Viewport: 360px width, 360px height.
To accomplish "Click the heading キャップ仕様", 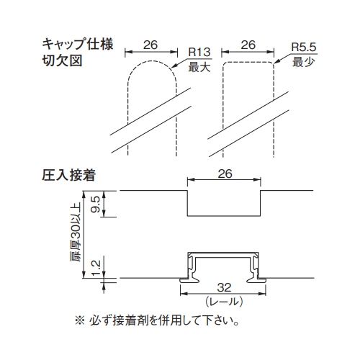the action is click(x=78, y=45).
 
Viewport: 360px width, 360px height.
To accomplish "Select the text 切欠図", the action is click(x=63, y=60).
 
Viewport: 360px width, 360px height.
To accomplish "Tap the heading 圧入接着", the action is click(x=69, y=175).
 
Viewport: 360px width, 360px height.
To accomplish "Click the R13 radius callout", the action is click(x=199, y=52).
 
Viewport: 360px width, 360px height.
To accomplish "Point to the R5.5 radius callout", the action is click(x=304, y=47).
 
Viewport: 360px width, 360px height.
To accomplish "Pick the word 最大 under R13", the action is click(x=199, y=67).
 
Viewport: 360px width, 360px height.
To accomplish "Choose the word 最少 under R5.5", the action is click(x=304, y=62).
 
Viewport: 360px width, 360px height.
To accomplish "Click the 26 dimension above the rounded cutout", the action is click(x=150, y=45).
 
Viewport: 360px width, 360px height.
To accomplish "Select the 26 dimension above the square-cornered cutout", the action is click(x=248, y=45).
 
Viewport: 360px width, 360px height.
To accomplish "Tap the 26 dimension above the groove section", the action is click(x=225, y=174).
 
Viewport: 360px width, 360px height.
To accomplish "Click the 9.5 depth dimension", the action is click(x=96, y=204).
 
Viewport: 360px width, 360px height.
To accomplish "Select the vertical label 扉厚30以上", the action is click(x=76, y=232).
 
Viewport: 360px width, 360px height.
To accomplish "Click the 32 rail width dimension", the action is click(x=224, y=287).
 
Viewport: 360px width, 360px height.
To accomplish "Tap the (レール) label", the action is click(x=224, y=302).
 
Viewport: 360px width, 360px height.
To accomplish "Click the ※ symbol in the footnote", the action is click(x=80, y=320).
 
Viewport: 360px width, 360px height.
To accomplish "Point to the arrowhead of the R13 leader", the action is click(x=174, y=66).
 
